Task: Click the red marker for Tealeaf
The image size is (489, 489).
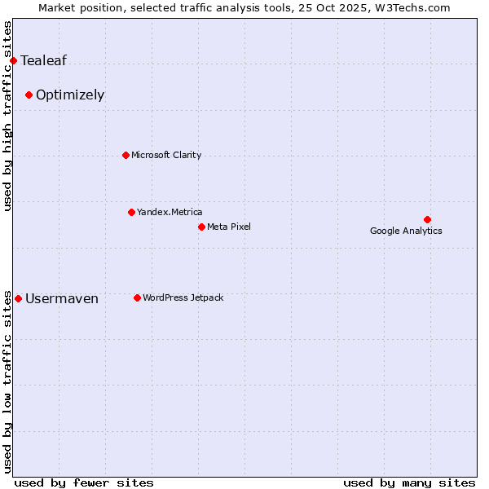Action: click(13, 60)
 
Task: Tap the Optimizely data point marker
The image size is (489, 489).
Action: click(29, 95)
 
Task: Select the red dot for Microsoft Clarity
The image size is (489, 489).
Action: click(126, 155)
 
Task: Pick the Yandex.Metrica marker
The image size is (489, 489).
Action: click(131, 212)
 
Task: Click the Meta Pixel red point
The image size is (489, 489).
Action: click(201, 227)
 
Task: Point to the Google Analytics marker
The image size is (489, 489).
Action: click(427, 219)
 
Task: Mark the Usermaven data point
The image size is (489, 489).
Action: click(18, 298)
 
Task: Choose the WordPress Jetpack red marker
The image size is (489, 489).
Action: click(137, 297)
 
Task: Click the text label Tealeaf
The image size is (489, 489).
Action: click(43, 60)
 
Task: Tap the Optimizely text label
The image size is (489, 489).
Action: click(70, 95)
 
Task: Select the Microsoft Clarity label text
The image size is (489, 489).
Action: click(166, 155)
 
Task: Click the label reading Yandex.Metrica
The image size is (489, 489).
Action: click(170, 212)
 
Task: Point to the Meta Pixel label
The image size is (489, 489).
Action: click(229, 227)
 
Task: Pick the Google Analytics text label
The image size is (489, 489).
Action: click(406, 231)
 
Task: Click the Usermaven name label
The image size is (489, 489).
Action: click(62, 298)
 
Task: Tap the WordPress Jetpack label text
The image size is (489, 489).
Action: click(183, 297)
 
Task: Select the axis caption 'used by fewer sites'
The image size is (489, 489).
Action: click(84, 482)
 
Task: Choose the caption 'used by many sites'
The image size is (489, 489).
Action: click(409, 482)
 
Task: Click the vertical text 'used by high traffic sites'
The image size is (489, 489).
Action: click(8, 116)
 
